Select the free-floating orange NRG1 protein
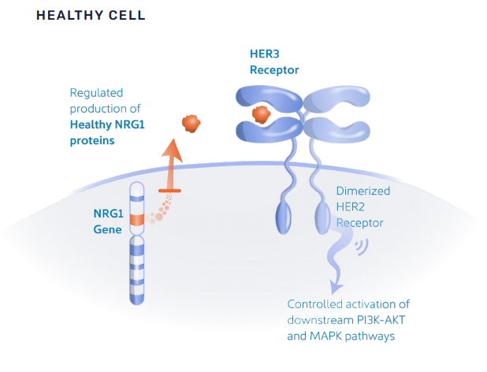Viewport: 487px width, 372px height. click(191, 124)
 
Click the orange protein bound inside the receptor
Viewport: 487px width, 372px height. click(262, 115)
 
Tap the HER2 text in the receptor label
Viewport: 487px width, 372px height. click(353, 207)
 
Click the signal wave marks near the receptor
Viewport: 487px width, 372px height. click(362, 247)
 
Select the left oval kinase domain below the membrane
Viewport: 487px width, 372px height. click(286, 214)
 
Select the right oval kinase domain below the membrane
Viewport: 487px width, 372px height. click(322, 215)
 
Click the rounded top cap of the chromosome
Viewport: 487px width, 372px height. click(137, 188)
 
